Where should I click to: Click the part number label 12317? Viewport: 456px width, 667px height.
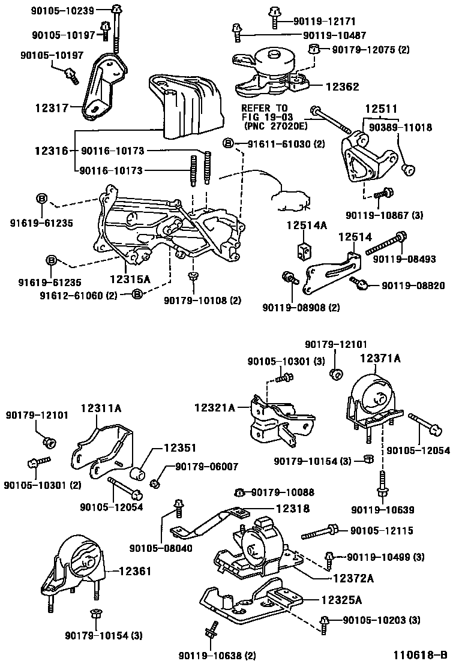click(x=51, y=108)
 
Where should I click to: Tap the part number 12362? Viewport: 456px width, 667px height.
click(x=342, y=87)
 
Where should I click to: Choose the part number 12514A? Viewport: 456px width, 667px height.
click(x=305, y=226)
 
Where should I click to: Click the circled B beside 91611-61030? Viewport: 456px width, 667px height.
click(x=227, y=143)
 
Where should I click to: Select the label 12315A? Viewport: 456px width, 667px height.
click(x=130, y=280)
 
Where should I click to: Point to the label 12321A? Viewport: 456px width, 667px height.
click(x=214, y=407)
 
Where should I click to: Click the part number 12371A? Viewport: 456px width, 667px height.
click(x=380, y=358)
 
